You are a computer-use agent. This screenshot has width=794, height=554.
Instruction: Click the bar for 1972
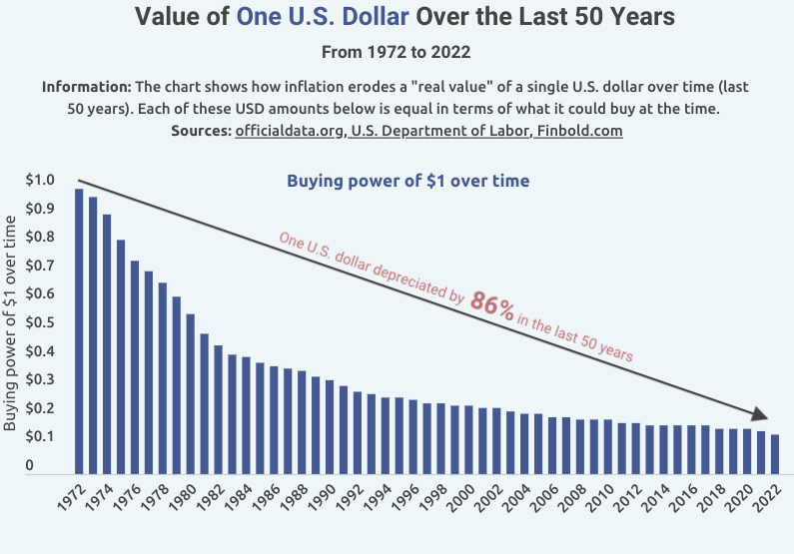(x=79, y=330)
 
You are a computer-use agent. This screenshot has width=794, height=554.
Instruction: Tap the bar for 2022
(x=774, y=453)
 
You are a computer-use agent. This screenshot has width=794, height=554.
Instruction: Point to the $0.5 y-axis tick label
(x=39, y=323)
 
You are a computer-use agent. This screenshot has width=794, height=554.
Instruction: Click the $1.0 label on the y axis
(x=39, y=181)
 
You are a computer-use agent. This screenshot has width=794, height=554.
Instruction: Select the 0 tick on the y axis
(x=30, y=465)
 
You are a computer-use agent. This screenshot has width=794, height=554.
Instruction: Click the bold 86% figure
(x=492, y=305)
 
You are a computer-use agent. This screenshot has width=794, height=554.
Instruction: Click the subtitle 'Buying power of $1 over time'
(x=407, y=181)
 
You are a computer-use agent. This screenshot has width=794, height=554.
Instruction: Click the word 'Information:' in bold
(x=87, y=87)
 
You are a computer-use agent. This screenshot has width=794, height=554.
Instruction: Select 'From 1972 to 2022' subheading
(x=396, y=51)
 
